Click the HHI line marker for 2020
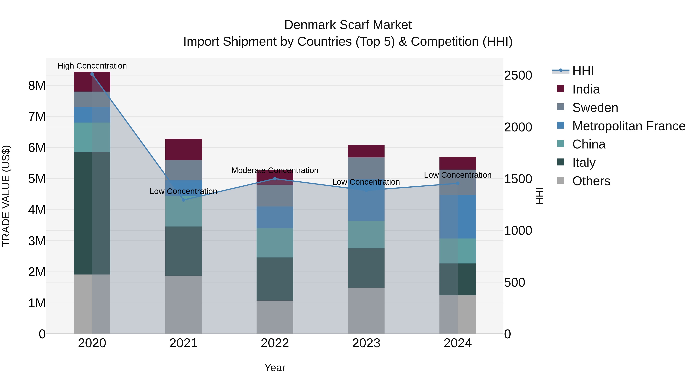[92, 74]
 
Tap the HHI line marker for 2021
[183, 200]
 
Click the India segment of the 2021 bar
[183, 149]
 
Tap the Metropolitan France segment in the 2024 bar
[458, 217]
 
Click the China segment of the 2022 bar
[275, 243]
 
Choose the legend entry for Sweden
[595, 107]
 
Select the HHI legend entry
[583, 71]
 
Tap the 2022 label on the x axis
[275, 343]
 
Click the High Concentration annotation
[92, 66]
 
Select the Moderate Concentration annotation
[275, 170]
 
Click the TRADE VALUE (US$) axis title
[6, 196]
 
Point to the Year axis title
[275, 368]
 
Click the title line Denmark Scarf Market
[348, 25]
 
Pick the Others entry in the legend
[591, 181]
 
